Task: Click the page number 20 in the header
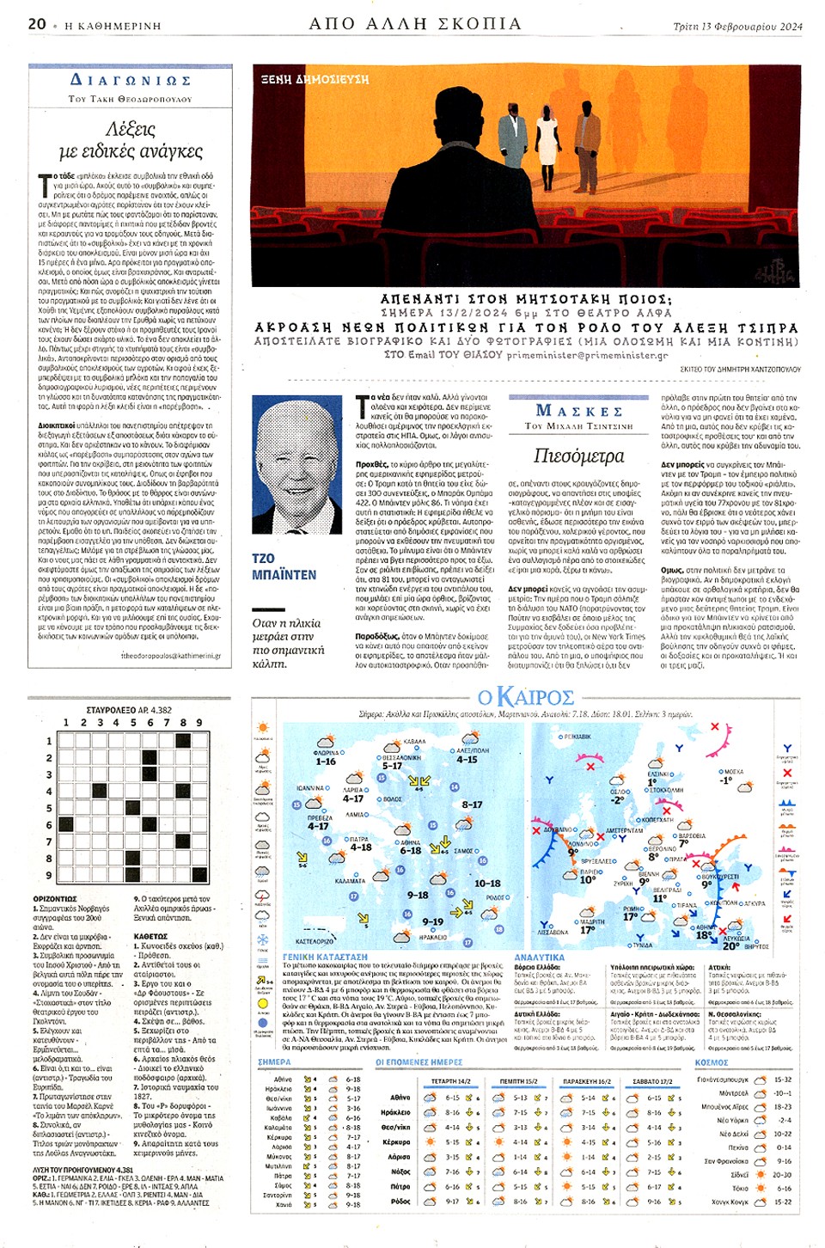tap(37, 24)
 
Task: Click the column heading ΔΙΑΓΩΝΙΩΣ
tap(130, 80)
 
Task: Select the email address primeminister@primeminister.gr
tap(587, 354)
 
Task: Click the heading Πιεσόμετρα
tap(578, 456)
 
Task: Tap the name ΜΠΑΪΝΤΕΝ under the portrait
tap(284, 574)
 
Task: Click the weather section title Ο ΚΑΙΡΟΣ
tap(526, 696)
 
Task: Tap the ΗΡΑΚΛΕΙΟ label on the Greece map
tap(433, 937)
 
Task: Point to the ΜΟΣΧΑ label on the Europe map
tap(733, 772)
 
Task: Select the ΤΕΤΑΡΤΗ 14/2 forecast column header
tap(450, 1081)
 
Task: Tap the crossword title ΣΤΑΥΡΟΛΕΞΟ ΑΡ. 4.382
tap(129, 710)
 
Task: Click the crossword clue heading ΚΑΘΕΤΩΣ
tap(150, 936)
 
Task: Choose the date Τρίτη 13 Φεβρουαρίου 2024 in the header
tap(737, 26)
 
